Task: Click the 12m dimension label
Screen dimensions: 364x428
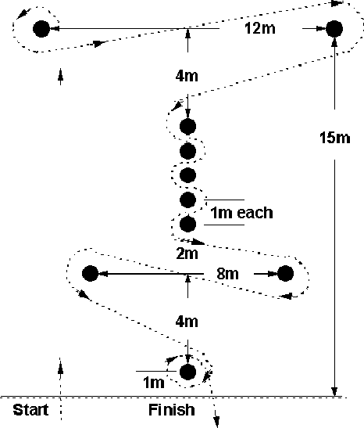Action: [x=260, y=28]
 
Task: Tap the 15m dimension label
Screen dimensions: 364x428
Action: [x=335, y=137]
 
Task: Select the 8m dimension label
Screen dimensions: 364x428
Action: [x=228, y=274]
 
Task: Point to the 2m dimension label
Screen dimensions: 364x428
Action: [x=187, y=254]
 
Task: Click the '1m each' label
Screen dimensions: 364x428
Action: [x=241, y=213]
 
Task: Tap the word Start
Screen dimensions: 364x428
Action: [x=30, y=410]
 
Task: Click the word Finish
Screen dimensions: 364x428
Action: [x=172, y=410]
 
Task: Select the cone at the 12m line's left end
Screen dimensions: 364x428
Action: [x=41, y=29]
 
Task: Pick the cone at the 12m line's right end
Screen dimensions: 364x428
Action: [x=334, y=29]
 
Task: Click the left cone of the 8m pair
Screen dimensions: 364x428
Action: [x=90, y=273]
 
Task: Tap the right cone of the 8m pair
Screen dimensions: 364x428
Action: [x=285, y=273]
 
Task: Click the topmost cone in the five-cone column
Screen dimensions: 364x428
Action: [x=187, y=127]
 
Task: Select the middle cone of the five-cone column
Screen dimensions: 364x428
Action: [x=187, y=175]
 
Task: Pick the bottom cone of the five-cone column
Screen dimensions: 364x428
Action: [x=187, y=224]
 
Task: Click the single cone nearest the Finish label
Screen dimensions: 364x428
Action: [x=187, y=372]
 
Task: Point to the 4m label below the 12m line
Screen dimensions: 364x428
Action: [x=187, y=76]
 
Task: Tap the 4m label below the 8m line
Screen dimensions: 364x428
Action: [x=187, y=322]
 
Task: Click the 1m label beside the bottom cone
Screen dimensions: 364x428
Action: [x=154, y=382]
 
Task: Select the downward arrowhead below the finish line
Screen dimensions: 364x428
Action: [x=216, y=422]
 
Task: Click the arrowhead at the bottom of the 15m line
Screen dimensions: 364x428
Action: [x=335, y=391]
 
